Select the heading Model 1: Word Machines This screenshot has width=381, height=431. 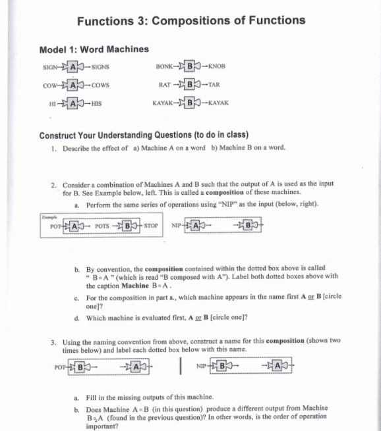(94, 49)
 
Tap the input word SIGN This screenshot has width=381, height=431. (51, 67)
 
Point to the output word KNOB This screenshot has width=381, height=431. (216, 67)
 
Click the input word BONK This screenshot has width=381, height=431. (165, 67)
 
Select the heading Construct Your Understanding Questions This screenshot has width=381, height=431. (143, 136)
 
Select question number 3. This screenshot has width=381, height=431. (53, 341)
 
